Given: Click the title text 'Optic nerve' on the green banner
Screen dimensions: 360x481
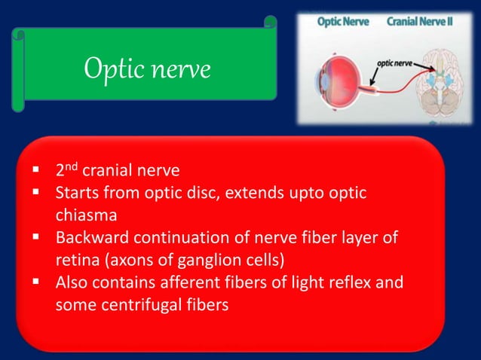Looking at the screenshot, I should [147, 69].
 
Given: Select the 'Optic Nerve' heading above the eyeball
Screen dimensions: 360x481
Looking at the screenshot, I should [344, 22].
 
